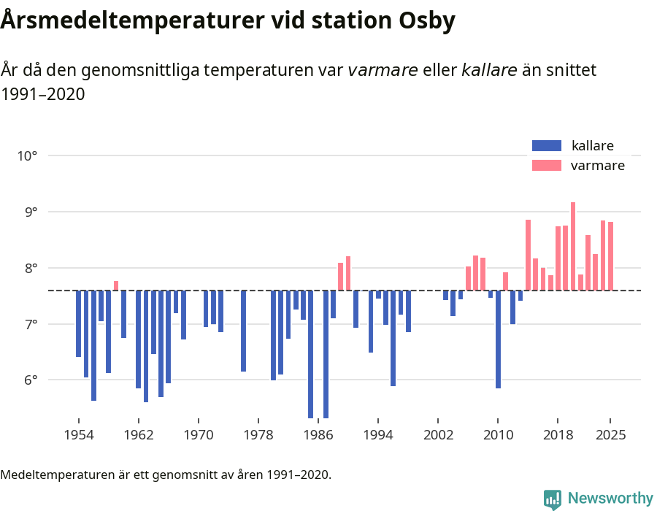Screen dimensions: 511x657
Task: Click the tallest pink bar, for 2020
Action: point(573,246)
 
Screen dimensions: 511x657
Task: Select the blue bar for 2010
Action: point(498,339)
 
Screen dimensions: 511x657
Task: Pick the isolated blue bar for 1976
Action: point(244,331)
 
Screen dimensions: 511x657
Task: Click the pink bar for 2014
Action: point(528,255)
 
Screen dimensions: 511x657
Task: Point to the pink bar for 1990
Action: point(348,273)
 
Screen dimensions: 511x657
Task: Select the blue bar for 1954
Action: point(79,323)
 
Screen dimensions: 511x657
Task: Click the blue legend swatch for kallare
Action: point(547,146)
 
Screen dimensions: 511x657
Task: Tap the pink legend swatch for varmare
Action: point(547,166)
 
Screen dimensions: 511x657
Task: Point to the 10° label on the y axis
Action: point(28,155)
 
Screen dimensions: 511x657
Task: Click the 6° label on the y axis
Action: point(28,380)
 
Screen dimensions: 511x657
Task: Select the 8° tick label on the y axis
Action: point(28,268)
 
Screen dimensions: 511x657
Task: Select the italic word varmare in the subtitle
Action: point(383,70)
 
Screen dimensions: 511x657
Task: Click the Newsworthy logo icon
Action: point(552,499)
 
